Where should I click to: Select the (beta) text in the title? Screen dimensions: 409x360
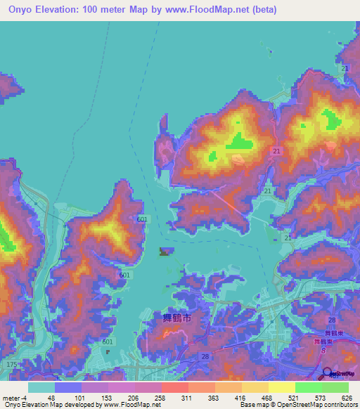pos(261,10)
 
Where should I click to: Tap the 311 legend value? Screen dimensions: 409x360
pos(187,397)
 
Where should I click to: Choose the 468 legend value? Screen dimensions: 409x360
pos(267,397)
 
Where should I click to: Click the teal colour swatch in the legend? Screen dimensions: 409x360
pos(41,387)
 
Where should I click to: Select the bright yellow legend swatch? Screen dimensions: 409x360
pos(281,387)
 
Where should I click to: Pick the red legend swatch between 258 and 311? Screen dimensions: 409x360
pos(174,387)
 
